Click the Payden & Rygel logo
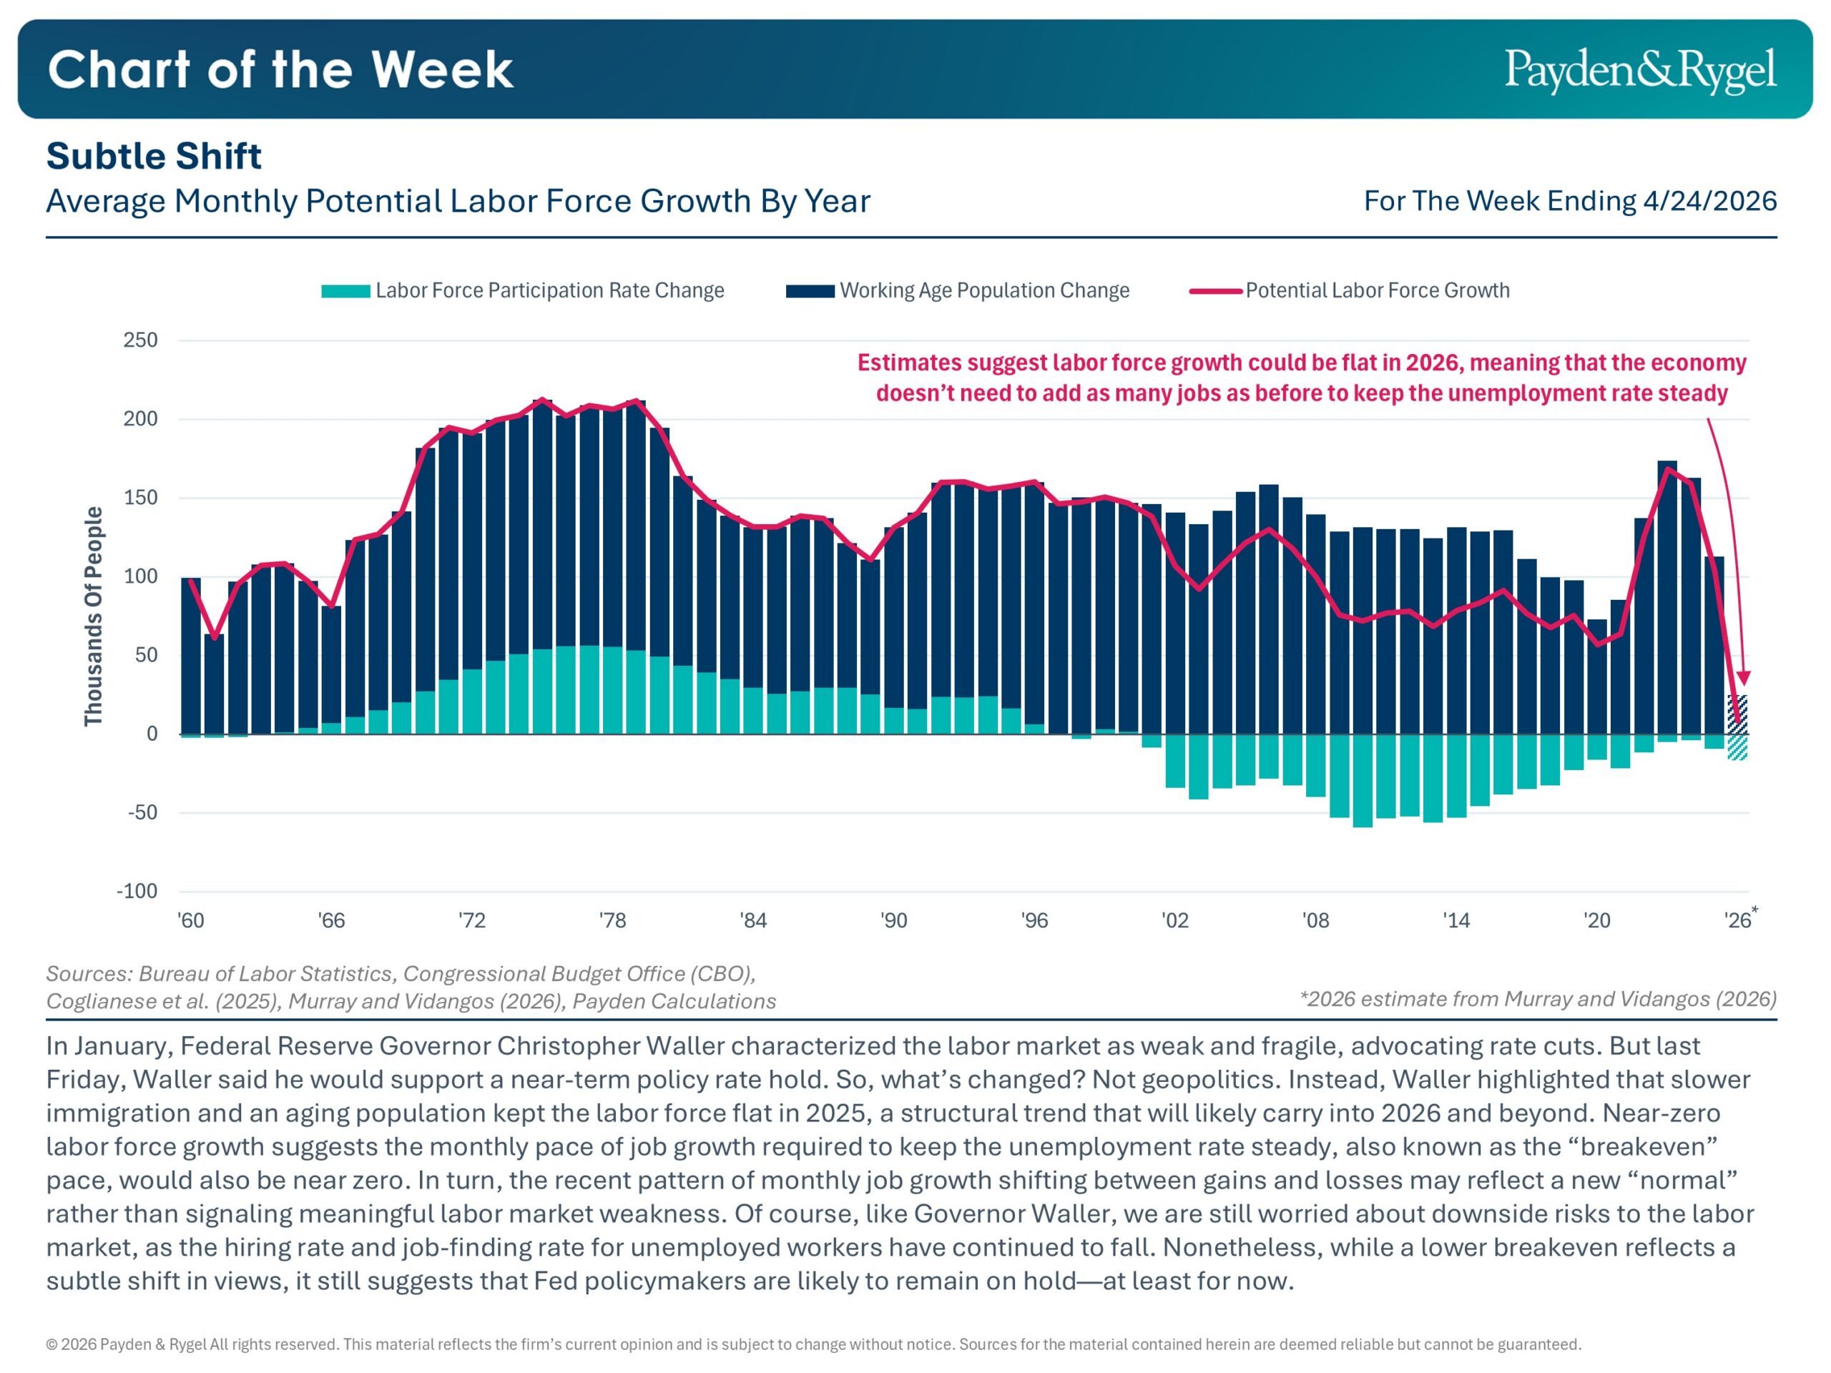tap(1640, 69)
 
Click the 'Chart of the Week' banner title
tap(280, 69)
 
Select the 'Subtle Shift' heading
tap(154, 157)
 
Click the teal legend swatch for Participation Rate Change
tap(345, 291)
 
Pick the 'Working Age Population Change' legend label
tap(984, 290)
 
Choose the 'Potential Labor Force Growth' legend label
tap(1378, 290)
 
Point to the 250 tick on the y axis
tap(140, 340)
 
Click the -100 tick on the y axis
tap(137, 891)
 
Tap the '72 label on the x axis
tap(472, 920)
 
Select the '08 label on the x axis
tap(1315, 920)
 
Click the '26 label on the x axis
tap(1737, 920)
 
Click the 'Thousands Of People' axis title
tap(94, 616)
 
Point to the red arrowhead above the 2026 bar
tap(1744, 678)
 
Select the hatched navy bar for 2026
tap(1737, 714)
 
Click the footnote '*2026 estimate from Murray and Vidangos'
tap(1538, 999)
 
